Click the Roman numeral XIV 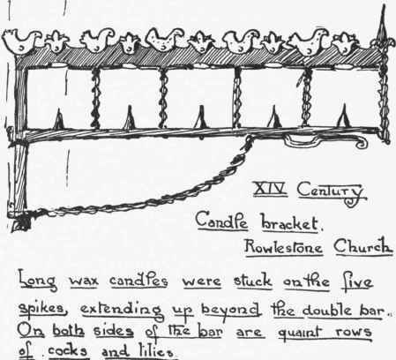270,188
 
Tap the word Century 332,192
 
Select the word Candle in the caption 221,221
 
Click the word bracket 290,223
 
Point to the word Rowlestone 284,246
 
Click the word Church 363,246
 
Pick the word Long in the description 37,281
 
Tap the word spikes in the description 41,310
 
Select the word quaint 303,333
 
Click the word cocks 68,351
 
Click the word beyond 231,311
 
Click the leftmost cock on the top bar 21,41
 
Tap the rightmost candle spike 344,116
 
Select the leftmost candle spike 59,119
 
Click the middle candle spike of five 201,117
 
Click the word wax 84,281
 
